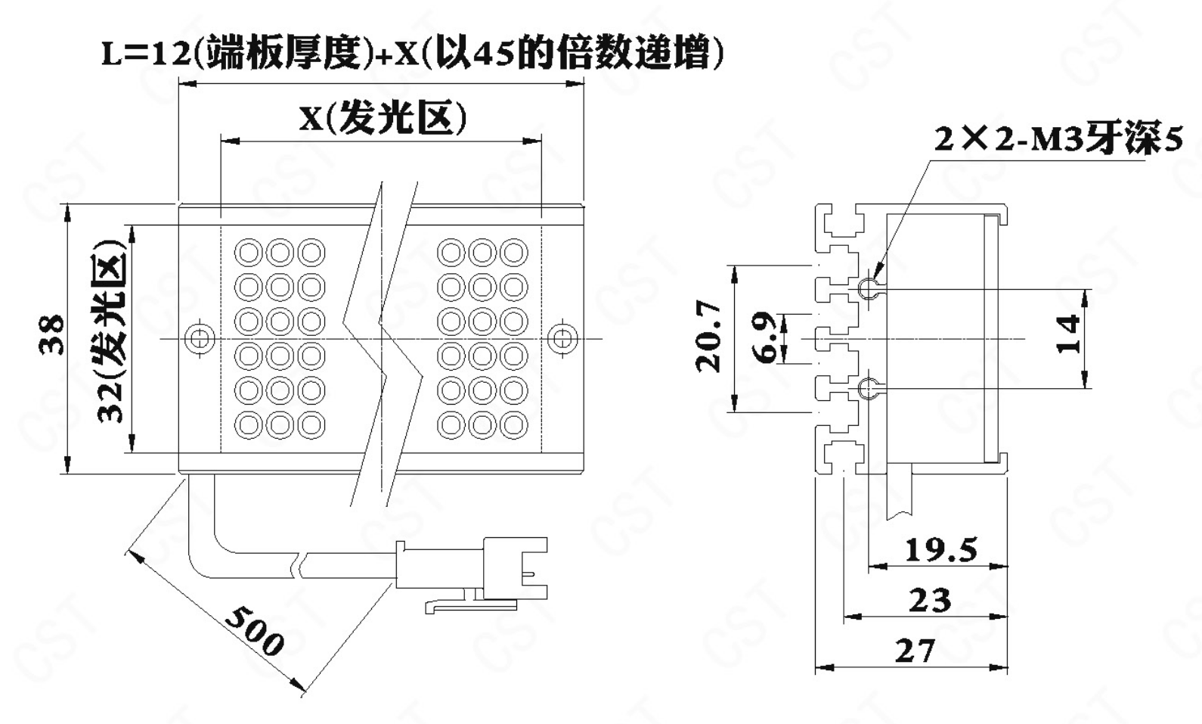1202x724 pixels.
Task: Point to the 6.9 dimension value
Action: point(767,337)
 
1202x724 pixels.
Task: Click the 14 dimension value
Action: point(1069,335)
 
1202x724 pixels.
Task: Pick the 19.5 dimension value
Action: point(940,550)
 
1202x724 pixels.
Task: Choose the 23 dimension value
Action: point(930,601)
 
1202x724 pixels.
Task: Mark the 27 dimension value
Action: point(915,651)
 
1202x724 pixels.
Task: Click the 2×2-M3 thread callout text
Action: point(1058,140)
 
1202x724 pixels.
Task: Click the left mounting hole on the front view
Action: point(200,337)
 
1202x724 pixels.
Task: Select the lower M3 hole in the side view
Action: point(867,389)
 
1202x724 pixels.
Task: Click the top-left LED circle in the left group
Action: point(249,252)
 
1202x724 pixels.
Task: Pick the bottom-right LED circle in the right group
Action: point(514,424)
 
